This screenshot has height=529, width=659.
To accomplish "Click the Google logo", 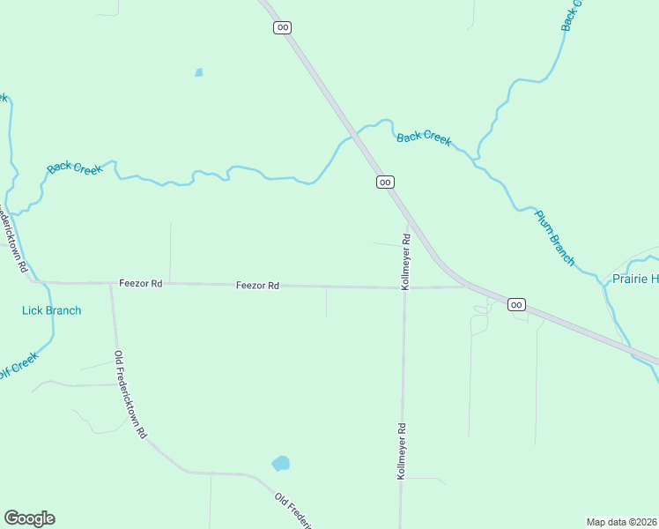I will pos(29,518).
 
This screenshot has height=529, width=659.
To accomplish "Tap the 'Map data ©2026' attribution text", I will pos(621,522).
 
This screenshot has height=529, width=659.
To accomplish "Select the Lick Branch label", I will pos(51,310).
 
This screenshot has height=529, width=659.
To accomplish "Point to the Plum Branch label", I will pos(555,238).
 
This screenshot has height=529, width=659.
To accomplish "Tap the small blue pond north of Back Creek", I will pos(199,72).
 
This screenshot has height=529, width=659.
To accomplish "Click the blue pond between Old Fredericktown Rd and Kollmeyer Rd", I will pos(281,463).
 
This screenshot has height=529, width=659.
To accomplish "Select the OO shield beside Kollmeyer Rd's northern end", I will pos(385,182).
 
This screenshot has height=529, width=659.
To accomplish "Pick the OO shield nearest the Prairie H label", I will pos(516,305).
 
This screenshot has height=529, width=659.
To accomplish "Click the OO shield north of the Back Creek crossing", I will pos(282,27).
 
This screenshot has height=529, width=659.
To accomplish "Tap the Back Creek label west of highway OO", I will pos(75,167).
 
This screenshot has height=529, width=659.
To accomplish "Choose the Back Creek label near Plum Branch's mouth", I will pos(424,138).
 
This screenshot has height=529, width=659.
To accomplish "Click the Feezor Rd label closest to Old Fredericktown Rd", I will pos(141,284).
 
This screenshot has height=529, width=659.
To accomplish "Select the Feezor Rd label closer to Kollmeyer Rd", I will pos(257,286).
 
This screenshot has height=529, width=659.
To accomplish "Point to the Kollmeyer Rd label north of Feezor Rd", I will pos(406,262).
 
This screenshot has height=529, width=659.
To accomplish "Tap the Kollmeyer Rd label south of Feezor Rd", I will pos(401,451).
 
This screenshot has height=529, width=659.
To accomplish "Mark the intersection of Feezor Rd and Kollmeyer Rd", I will pos(404,287).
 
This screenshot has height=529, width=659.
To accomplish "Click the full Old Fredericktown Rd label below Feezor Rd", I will pos(130,395).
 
